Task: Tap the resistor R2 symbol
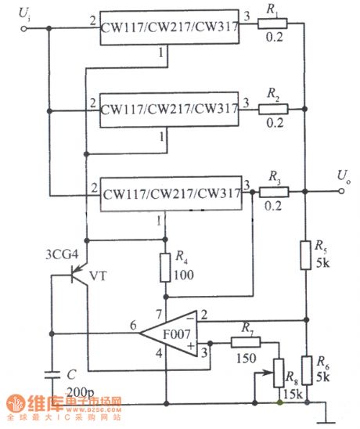[275, 110]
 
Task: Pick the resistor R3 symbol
[275, 191]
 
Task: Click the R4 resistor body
[165, 269]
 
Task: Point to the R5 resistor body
[306, 256]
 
